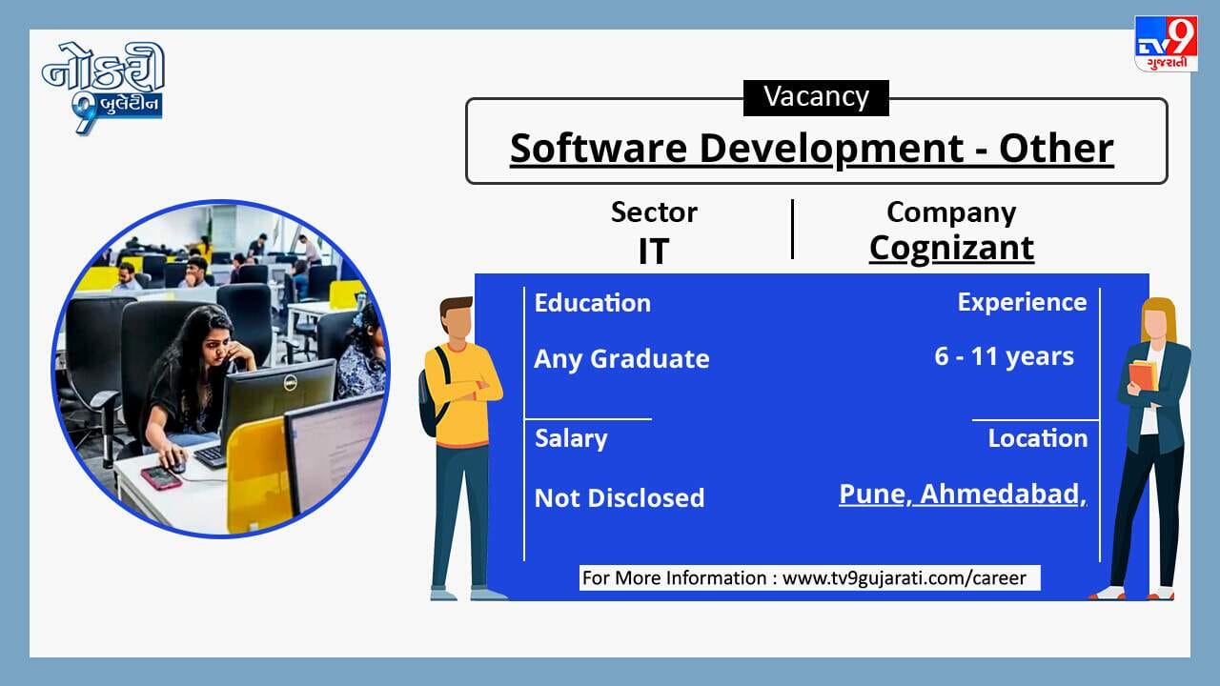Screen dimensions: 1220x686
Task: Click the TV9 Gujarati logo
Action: click(1166, 44)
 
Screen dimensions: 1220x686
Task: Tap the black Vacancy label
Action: click(816, 97)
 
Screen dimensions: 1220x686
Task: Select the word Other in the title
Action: click(1056, 148)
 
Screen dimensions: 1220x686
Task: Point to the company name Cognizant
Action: click(951, 249)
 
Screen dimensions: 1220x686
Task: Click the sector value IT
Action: click(654, 251)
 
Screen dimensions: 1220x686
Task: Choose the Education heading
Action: click(593, 303)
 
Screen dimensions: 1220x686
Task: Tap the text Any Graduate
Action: click(622, 359)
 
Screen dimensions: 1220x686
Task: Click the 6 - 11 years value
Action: click(1005, 356)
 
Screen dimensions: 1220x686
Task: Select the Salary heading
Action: click(571, 439)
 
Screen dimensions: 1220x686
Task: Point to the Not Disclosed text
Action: click(620, 498)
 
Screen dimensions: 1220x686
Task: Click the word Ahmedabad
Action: click(1000, 494)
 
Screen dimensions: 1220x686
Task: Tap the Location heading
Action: click(1038, 438)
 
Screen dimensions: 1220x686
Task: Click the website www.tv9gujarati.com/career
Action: click(905, 577)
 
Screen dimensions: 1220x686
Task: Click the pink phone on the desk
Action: click(161, 478)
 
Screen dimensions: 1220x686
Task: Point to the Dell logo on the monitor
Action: click(291, 384)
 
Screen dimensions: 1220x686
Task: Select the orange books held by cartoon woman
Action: click(1143, 375)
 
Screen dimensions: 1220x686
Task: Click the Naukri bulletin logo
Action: click(104, 87)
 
